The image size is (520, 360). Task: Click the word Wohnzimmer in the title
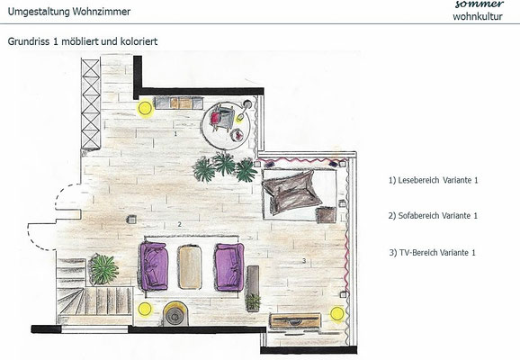101,12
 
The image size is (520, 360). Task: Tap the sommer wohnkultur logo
478,10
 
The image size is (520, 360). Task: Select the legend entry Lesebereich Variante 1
433,180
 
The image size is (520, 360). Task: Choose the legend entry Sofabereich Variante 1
433,216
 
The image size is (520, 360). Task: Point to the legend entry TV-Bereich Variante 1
432,253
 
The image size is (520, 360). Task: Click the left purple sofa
154,265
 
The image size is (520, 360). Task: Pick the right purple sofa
229,266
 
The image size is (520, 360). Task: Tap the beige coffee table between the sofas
190,266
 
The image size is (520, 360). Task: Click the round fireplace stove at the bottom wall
175,313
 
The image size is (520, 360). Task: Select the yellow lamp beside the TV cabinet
337,314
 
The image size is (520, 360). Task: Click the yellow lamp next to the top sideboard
145,108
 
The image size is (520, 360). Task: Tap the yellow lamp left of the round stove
145,310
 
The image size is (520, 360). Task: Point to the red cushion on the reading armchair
215,117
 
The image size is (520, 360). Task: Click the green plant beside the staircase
103,269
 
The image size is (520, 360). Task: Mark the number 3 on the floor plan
304,261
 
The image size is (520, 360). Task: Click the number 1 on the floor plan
175,134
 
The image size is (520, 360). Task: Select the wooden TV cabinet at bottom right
295,320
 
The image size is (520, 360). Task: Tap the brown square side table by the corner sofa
326,215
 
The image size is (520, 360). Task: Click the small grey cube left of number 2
131,220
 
